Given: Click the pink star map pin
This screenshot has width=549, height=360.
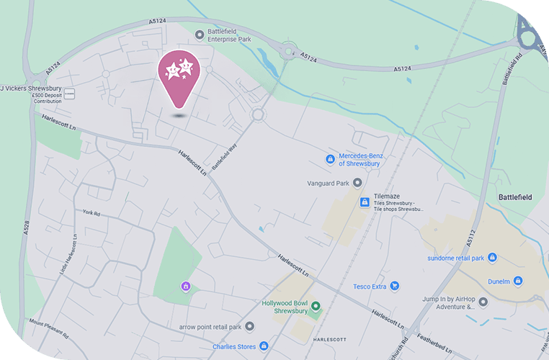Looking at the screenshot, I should point(179,74).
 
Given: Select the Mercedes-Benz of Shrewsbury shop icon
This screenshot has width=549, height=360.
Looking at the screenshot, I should point(330,159).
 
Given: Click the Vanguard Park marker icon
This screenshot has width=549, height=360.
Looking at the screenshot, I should point(356,183).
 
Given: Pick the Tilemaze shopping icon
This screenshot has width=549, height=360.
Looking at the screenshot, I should point(365,202).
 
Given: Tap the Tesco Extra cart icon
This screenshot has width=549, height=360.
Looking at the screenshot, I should point(395,286).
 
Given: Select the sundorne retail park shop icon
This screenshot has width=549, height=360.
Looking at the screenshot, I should point(493,257).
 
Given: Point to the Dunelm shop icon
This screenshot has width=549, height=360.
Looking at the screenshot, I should point(517,281).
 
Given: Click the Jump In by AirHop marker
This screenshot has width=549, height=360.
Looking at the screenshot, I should point(483,302).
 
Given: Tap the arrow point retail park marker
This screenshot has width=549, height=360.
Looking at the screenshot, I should point(250,326).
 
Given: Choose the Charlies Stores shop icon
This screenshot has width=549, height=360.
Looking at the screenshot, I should point(264,346).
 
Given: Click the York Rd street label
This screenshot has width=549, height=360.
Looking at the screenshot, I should point(91,213).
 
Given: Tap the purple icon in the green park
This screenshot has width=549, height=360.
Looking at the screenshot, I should point(185,287).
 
